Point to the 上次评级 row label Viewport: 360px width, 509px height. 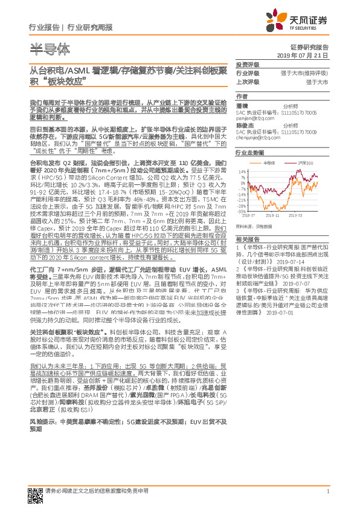pyautogui.click(x=248, y=81)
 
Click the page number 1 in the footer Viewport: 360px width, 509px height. pyautogui.click(x=327, y=498)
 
